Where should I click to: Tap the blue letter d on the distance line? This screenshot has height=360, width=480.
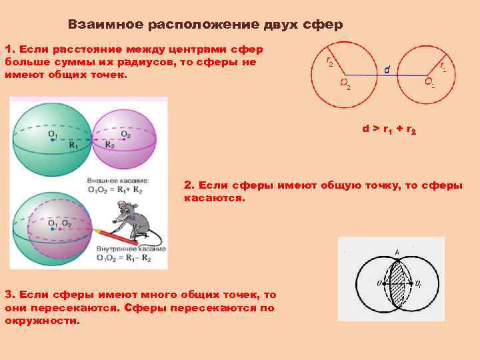click(387, 69)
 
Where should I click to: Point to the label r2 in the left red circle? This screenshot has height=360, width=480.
click(329, 61)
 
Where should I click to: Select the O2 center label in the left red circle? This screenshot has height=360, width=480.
click(345, 84)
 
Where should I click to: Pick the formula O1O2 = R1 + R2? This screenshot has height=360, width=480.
click(118, 189)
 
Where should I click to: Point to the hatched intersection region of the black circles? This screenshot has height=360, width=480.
click(397, 283)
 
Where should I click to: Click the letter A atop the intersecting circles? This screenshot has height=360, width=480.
click(397, 252)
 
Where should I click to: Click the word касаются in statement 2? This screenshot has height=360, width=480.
click(215, 199)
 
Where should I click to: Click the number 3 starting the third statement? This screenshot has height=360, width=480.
click(7, 294)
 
